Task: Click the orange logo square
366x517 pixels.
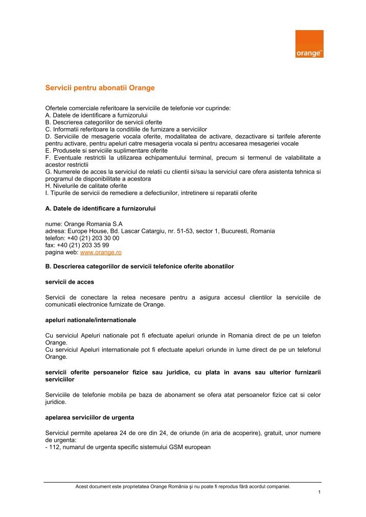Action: [309, 43]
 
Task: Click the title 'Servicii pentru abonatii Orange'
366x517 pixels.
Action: [100, 88]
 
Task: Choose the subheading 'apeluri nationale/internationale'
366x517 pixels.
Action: [90, 320]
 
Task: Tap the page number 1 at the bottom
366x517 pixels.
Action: [319, 493]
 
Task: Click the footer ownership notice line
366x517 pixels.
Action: [182, 486]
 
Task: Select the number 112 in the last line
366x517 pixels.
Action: [54, 447]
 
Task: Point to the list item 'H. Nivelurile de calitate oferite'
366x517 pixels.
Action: [86, 186]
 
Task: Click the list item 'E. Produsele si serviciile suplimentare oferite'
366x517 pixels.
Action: [106, 151]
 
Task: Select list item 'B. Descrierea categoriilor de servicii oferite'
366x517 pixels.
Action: [103, 122]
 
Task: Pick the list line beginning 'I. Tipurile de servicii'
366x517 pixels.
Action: [151, 193]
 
